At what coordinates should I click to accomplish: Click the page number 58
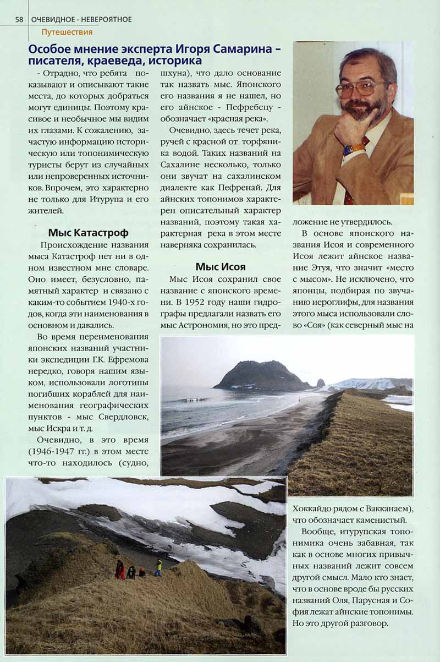tap(19, 20)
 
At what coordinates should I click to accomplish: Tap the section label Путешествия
tap(67, 32)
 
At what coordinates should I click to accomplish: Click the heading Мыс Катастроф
tap(88, 232)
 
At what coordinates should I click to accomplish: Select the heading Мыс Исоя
tap(220, 267)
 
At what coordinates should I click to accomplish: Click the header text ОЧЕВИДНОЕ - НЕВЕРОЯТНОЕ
tap(81, 20)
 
